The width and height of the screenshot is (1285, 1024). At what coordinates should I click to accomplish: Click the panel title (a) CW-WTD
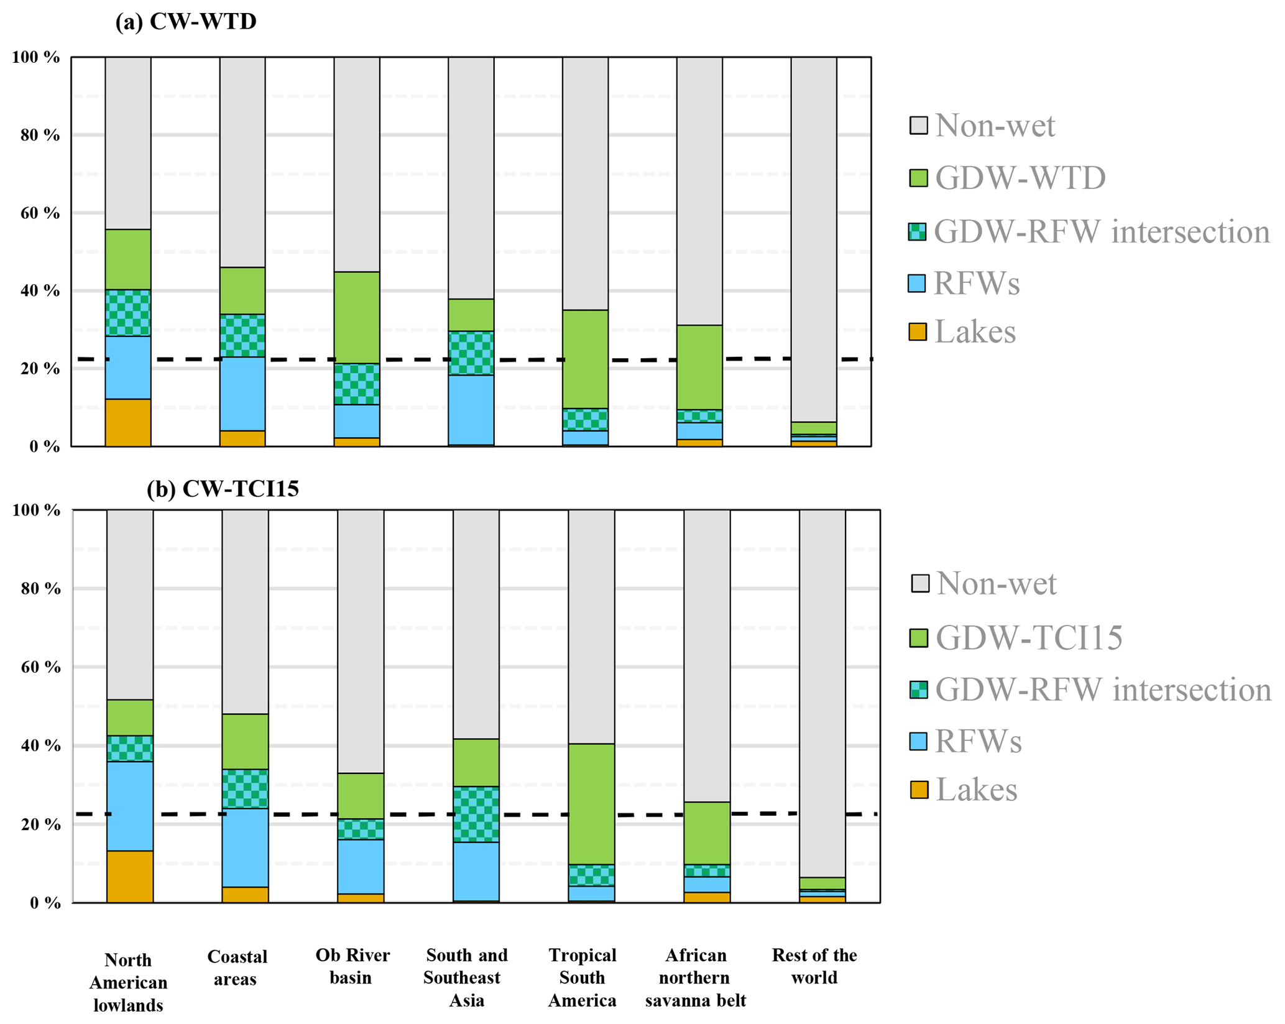tap(186, 22)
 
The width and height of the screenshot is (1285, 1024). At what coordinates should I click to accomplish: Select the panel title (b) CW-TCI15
tap(223, 489)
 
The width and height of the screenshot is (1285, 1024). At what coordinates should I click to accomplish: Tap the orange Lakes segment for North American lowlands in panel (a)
tap(128, 422)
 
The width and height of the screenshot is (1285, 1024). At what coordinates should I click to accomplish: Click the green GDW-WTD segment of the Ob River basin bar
tap(357, 317)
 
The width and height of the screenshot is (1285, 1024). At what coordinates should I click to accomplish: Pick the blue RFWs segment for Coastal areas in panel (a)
tap(242, 394)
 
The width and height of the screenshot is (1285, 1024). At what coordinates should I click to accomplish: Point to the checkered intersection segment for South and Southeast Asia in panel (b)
tap(476, 814)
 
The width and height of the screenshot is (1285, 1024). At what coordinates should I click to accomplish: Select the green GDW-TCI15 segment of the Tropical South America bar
tap(591, 803)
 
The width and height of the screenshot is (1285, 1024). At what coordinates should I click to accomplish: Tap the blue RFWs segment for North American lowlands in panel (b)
tap(130, 806)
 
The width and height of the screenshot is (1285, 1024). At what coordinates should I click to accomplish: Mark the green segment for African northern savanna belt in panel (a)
tap(699, 367)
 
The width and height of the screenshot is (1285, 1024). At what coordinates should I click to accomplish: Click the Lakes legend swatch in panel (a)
tap(918, 331)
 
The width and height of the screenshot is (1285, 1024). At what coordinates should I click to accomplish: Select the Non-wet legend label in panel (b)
tap(996, 584)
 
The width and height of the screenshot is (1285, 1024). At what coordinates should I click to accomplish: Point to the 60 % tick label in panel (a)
tap(36, 213)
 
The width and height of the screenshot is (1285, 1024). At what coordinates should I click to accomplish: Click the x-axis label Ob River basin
tap(352, 966)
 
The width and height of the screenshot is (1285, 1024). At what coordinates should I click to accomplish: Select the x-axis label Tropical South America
tap(582, 977)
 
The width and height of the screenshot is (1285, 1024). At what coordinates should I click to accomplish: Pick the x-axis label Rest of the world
tap(814, 966)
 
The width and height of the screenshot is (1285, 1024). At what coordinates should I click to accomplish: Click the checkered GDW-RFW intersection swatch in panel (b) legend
tap(918, 690)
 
